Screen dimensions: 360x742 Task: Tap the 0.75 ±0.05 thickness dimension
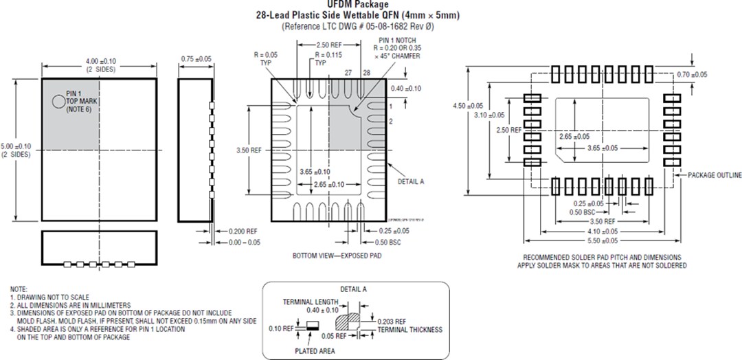click(x=196, y=59)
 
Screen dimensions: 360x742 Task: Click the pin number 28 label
click(x=366, y=72)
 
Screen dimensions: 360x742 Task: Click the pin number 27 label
click(x=348, y=72)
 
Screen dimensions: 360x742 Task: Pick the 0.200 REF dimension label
click(x=243, y=231)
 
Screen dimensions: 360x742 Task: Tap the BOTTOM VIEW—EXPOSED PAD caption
click(x=333, y=255)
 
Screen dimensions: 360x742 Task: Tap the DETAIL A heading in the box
click(x=354, y=289)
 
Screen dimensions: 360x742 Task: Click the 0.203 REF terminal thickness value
click(x=392, y=321)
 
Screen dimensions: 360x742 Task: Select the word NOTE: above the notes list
click(x=19, y=289)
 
